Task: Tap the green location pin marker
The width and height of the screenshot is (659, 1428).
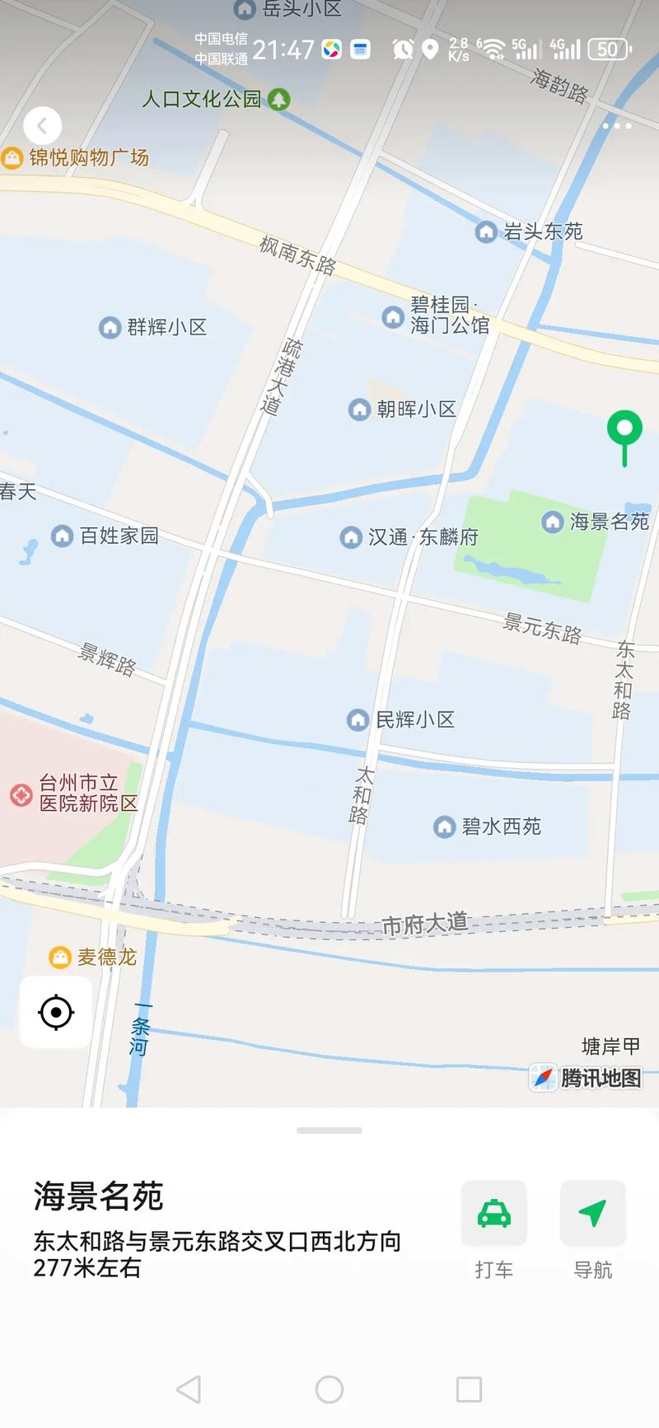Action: coord(624,429)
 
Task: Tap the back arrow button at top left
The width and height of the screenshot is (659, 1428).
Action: coord(43,126)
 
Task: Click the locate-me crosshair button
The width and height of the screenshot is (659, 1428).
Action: coord(56,1012)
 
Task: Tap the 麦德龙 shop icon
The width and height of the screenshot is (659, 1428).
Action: coord(60,957)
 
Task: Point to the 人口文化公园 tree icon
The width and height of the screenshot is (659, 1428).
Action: coord(280,100)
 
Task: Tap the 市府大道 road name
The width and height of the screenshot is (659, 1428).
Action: coord(425,924)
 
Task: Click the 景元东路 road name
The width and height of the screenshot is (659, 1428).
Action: coord(542,628)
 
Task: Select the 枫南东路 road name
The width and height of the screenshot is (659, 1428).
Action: coord(297,254)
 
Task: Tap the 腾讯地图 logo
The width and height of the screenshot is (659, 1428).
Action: coord(587,1077)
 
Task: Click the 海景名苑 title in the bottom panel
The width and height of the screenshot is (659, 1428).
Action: coord(99,1196)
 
